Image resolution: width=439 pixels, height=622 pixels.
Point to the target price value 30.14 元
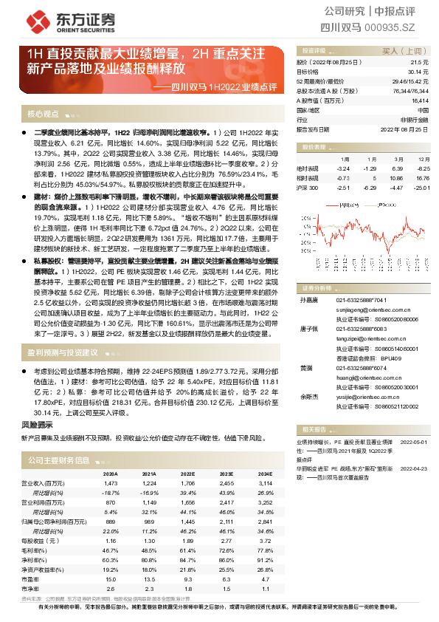(419, 72)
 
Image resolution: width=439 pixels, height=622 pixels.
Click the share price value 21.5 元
(421, 63)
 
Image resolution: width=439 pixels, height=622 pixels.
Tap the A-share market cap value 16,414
(418, 100)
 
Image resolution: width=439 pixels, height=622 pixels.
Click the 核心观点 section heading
(43, 114)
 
